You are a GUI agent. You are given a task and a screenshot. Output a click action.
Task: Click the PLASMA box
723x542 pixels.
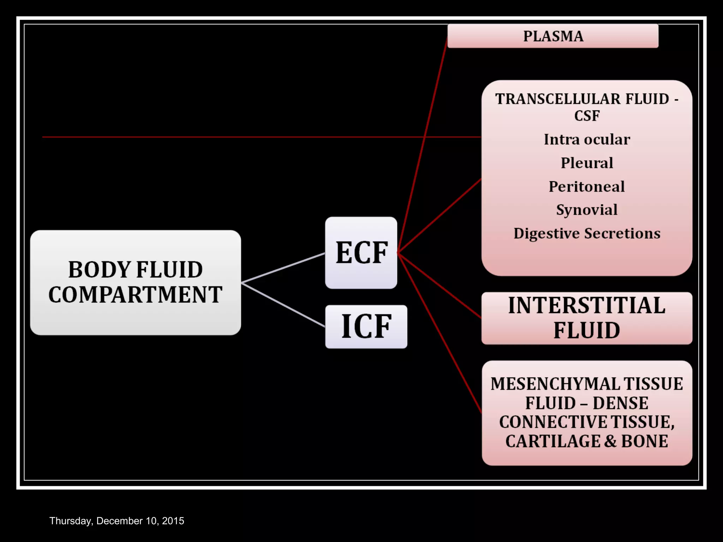(x=552, y=36)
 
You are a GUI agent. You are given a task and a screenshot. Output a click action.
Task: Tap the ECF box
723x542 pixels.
(x=361, y=253)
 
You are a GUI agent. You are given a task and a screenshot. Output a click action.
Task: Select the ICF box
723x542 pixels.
(x=366, y=327)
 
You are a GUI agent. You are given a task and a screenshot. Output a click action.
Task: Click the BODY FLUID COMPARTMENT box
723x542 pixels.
(x=136, y=282)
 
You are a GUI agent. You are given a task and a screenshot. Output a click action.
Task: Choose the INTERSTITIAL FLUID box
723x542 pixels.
(x=587, y=318)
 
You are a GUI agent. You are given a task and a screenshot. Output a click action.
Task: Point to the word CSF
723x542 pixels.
(x=587, y=116)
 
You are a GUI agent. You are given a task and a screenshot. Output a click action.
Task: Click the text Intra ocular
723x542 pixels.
(x=587, y=139)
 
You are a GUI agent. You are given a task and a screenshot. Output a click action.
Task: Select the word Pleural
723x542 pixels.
(x=587, y=163)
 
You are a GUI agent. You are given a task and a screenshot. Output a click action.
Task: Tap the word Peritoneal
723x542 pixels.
(x=587, y=186)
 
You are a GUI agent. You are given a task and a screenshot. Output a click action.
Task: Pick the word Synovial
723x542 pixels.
(x=587, y=210)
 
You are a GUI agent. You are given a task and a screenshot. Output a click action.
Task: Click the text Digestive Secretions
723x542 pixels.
(x=587, y=234)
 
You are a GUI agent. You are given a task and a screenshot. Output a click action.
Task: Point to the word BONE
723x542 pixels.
(x=645, y=441)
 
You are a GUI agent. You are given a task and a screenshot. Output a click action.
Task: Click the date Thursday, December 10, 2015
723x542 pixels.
(x=116, y=521)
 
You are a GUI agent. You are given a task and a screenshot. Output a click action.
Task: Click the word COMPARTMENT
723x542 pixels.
(x=136, y=295)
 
